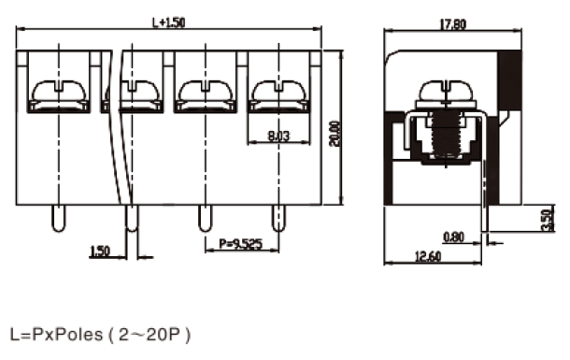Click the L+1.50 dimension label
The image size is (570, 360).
169,22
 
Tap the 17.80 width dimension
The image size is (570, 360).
452,24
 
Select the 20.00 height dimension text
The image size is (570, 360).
335,134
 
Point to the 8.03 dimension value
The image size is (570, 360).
278,136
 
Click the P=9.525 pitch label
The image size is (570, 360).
241,243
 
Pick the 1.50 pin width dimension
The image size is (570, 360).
99,251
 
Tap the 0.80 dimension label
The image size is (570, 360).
454,238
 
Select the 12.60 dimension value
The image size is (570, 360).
428,256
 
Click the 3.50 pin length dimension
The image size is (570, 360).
547,220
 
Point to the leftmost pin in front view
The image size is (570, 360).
59,218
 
